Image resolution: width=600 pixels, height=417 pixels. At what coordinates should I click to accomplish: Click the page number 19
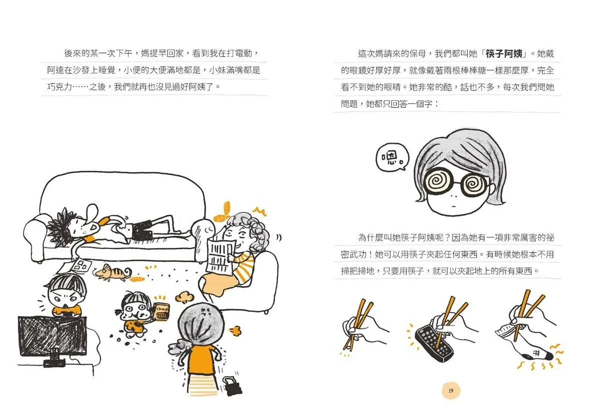[451, 391]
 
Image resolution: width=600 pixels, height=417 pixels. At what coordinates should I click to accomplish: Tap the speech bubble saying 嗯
[392, 157]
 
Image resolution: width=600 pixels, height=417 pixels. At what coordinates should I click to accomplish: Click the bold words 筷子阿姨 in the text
[504, 54]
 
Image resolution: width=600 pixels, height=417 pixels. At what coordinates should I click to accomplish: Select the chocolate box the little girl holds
[162, 312]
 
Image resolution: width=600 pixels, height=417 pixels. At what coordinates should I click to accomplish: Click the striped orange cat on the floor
[112, 273]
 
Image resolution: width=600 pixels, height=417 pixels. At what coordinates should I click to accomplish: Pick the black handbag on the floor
[231, 386]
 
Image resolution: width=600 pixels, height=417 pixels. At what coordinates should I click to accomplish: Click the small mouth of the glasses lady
[453, 206]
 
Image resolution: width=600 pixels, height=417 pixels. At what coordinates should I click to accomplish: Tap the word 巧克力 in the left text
[59, 87]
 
